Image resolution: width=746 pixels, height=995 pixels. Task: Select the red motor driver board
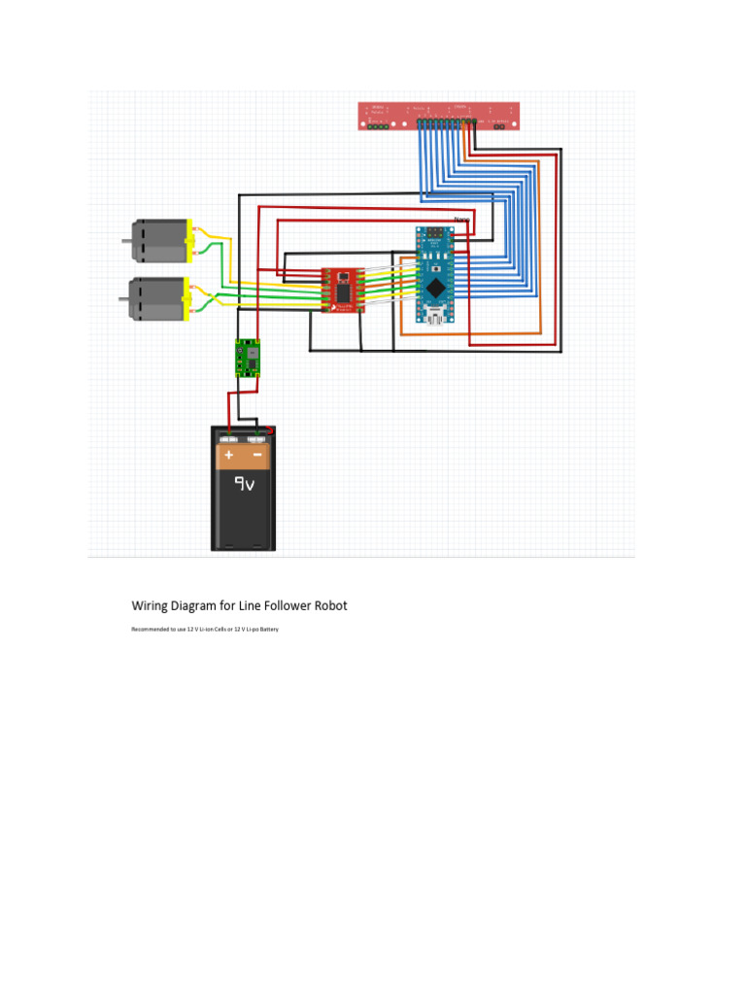pyautogui.click(x=343, y=290)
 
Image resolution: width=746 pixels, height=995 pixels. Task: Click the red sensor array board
pyautogui.click(x=440, y=115)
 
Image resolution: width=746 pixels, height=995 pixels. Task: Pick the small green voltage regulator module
pyautogui.click(x=248, y=358)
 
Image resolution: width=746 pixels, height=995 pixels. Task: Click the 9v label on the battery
pyautogui.click(x=243, y=483)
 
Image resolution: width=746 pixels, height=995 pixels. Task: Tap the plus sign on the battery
pyautogui.click(x=229, y=455)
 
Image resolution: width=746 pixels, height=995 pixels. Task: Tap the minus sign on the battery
pyautogui.click(x=257, y=455)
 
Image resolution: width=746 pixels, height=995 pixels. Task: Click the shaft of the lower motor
pyautogui.click(x=126, y=298)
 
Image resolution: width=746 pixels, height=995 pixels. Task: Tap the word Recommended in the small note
pyautogui.click(x=148, y=630)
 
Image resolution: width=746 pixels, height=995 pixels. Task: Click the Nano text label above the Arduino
pyautogui.click(x=461, y=220)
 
